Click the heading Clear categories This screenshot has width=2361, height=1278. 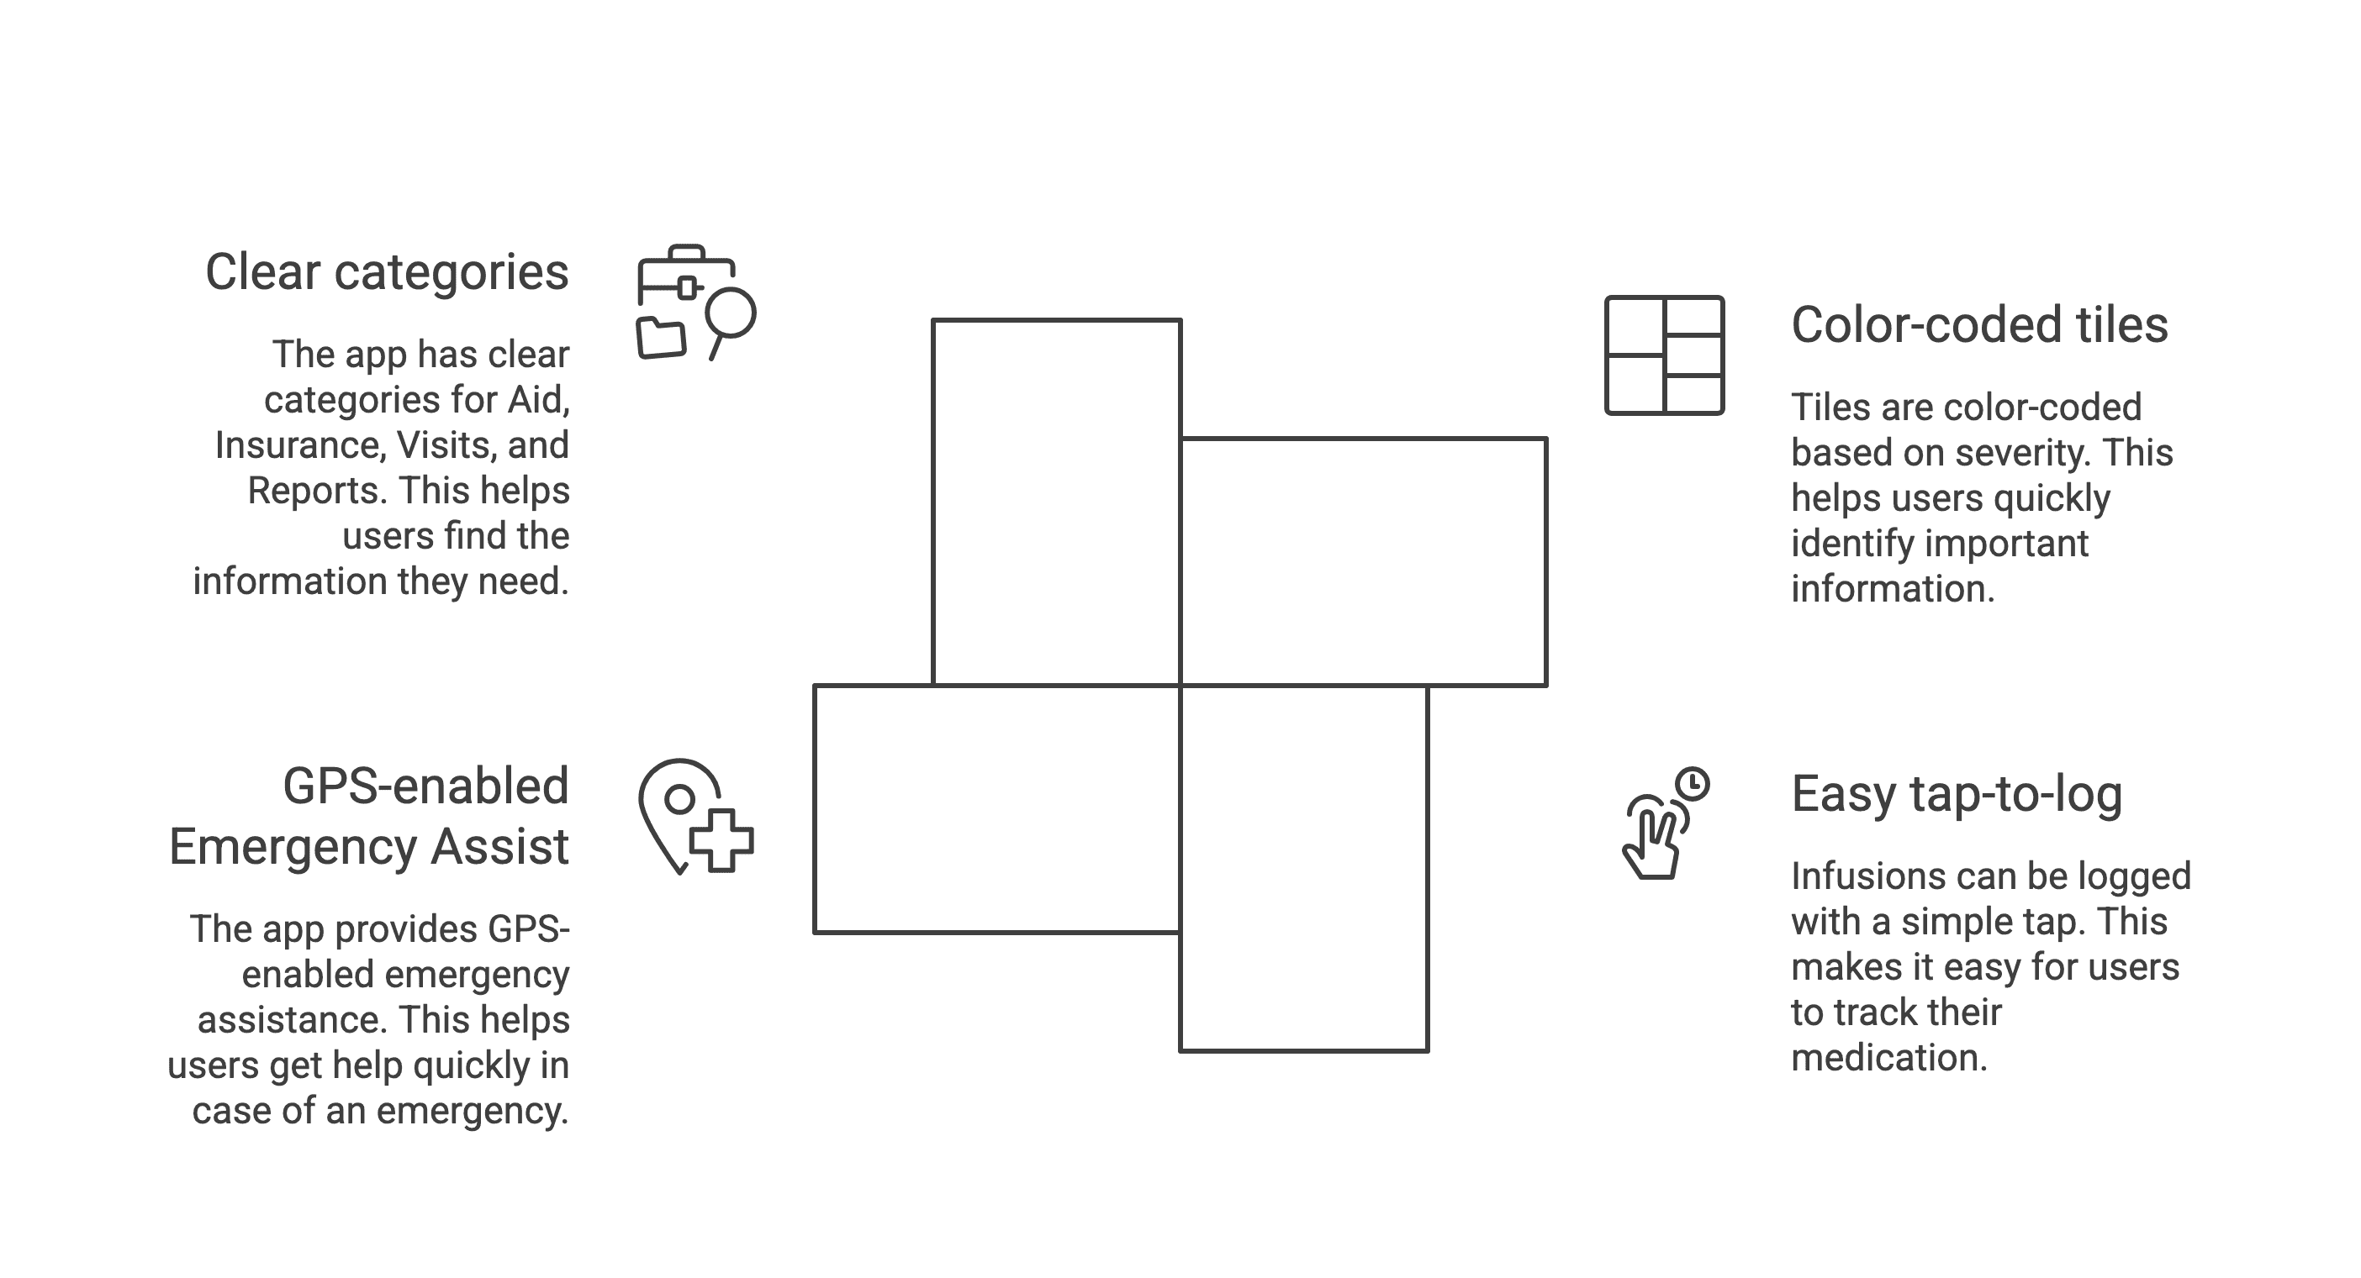click(386, 273)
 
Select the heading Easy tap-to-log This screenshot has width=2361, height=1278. click(1956, 794)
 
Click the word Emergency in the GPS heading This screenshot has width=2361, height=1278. click(294, 846)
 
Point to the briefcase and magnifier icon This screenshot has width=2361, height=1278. click(695, 302)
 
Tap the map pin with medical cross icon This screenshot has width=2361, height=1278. click(695, 816)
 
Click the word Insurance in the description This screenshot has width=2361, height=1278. click(298, 446)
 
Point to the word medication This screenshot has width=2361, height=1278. click(1888, 1058)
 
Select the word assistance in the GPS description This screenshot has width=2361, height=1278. click(291, 1020)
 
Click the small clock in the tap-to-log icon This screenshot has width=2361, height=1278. click(1693, 784)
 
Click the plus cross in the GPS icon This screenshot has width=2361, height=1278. click(721, 840)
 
